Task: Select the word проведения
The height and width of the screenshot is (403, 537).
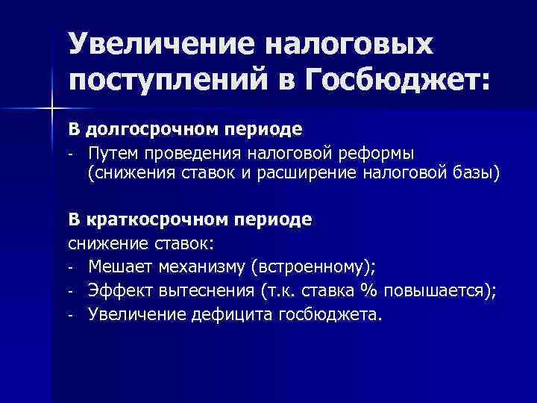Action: [x=199, y=152]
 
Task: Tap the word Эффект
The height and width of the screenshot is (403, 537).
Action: [x=117, y=290]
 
